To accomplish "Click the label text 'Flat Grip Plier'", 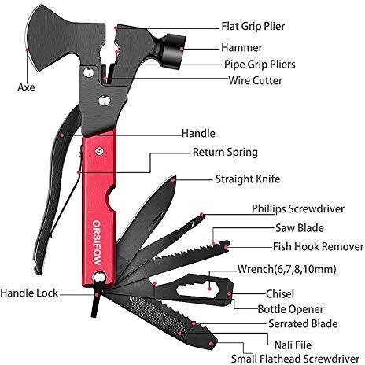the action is [x=253, y=26].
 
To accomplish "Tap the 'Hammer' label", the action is [x=241, y=48].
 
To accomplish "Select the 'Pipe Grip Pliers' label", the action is [x=260, y=65].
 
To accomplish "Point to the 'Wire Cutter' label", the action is [x=255, y=80].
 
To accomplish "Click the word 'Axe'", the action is [x=26, y=87].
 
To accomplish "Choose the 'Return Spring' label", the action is [x=225, y=153].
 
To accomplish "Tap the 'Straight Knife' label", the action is [x=248, y=179].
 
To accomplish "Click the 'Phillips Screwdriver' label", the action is [x=298, y=209].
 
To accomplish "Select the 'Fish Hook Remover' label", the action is [x=318, y=246].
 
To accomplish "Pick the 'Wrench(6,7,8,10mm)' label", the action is [x=286, y=269].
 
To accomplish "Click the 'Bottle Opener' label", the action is [x=290, y=309].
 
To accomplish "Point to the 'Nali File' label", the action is [x=293, y=345].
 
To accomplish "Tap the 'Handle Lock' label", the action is [x=29, y=293].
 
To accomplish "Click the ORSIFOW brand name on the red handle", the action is [x=97, y=242].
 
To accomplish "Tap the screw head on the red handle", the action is [x=99, y=151].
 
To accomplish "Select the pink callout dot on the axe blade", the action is [x=27, y=50].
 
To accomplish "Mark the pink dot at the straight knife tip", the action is [x=173, y=179].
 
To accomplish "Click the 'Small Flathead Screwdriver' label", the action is [x=295, y=359].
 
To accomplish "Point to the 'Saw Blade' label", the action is [x=300, y=228].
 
